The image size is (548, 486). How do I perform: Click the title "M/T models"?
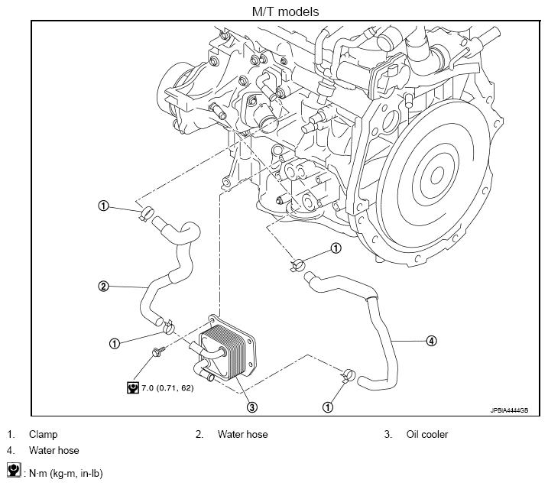(x=285, y=11)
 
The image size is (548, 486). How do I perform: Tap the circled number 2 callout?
(x=103, y=287)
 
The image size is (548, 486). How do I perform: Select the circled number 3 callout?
(x=252, y=407)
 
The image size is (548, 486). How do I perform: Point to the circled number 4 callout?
(x=431, y=341)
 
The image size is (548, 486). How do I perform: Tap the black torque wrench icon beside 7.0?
(x=132, y=387)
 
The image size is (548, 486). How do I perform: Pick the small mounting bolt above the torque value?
(x=157, y=352)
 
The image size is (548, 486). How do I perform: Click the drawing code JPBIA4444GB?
(x=509, y=410)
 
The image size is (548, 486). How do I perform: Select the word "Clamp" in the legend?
(x=43, y=434)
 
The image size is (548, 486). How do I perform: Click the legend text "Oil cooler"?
(x=426, y=434)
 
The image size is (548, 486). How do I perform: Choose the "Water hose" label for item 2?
(x=242, y=434)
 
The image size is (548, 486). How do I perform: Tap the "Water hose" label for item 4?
(x=54, y=450)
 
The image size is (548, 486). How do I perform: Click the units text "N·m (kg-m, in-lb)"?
(x=66, y=474)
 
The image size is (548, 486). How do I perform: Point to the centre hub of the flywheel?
(x=437, y=175)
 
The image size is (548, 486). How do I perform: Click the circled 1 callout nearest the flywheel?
(x=336, y=248)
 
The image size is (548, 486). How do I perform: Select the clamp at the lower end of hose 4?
(x=348, y=376)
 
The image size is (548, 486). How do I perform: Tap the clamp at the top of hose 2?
(x=148, y=212)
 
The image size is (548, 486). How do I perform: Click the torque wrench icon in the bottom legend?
(x=14, y=470)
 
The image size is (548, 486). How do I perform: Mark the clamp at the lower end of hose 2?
(x=168, y=327)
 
